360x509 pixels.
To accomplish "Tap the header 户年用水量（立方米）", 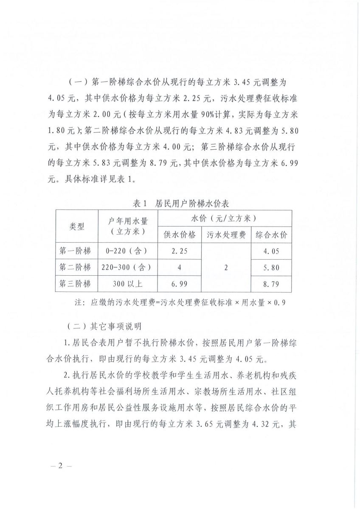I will point(128,227).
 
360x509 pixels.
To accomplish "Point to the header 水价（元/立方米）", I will point(224,219).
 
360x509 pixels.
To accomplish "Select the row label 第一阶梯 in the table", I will point(77,251).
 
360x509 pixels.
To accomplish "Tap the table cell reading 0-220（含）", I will point(128,251).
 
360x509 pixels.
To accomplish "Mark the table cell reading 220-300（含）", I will point(128,268).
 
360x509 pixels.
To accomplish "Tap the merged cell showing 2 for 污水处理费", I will point(226,268).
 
